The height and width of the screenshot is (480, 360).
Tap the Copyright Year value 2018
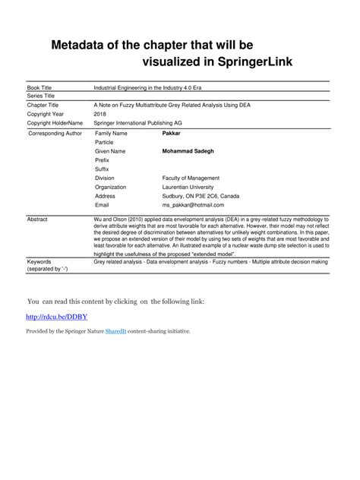point(100,114)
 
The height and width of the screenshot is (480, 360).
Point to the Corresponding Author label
point(55,133)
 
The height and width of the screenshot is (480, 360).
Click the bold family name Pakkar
point(172,133)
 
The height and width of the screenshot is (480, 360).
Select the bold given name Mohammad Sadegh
point(188,151)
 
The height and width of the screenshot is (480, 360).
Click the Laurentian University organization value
point(188,187)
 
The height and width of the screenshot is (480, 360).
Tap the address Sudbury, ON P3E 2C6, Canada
point(205,196)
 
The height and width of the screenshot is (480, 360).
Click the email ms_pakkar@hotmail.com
point(193,205)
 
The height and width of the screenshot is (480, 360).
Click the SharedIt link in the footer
point(117,331)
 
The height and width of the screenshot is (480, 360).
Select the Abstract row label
point(37,219)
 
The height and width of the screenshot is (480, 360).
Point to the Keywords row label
point(41,261)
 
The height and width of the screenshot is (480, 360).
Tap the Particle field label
point(105,142)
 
